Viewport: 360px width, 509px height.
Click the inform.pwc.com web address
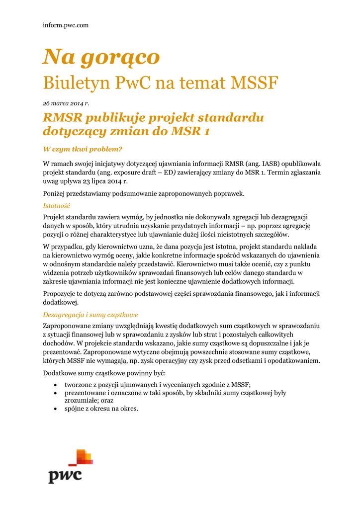pyautogui.click(x=65, y=25)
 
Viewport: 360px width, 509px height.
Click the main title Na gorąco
pyautogui.click(x=101, y=58)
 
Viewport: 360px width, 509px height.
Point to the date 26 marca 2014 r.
pyautogui.click(x=66, y=103)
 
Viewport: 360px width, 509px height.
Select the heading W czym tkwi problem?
pyautogui.click(x=83, y=149)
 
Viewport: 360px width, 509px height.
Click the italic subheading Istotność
pyautogui.click(x=57, y=205)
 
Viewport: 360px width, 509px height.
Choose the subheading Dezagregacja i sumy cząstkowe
pyautogui.click(x=90, y=315)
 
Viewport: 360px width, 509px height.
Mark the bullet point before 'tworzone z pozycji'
pyautogui.click(x=54, y=385)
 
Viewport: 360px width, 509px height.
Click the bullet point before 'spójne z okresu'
pyautogui.click(x=54, y=409)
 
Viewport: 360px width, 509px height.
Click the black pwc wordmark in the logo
pyautogui.click(x=65, y=475)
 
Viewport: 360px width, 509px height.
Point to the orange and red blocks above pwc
pyautogui.click(x=80, y=457)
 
